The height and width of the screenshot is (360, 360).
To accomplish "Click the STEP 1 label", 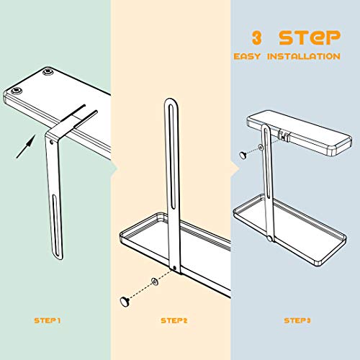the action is point(48,320).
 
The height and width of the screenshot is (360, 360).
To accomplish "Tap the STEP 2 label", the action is point(174,320).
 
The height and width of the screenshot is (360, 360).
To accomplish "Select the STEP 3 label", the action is point(297,320).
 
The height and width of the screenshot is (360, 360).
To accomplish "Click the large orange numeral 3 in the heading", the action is point(256,37).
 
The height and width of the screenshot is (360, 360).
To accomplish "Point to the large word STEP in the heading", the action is point(310,37).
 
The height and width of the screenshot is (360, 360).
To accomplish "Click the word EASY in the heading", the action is point(247,56).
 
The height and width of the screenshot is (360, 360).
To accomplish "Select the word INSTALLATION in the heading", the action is point(304,56).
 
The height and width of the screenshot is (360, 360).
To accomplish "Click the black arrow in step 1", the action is point(26,146).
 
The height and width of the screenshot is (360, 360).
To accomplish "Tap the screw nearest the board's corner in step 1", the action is point(17,91).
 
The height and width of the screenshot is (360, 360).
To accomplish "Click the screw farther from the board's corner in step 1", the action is point(48,72).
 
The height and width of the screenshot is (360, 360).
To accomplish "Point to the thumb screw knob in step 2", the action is point(125,302).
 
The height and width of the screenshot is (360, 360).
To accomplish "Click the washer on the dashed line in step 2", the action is point(155,282).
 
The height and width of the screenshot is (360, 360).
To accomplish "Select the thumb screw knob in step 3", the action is point(244,155).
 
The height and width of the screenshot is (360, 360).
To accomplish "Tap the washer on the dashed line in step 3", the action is point(260,147).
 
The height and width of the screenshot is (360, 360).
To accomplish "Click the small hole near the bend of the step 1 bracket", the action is point(51,142).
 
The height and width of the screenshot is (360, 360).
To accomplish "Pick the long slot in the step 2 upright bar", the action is point(172,157).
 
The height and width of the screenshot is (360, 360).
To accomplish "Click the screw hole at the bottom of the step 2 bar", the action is point(174,268).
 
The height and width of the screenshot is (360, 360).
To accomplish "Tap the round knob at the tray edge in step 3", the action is point(270,238).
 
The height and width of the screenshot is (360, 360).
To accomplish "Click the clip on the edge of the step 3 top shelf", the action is point(283,136).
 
